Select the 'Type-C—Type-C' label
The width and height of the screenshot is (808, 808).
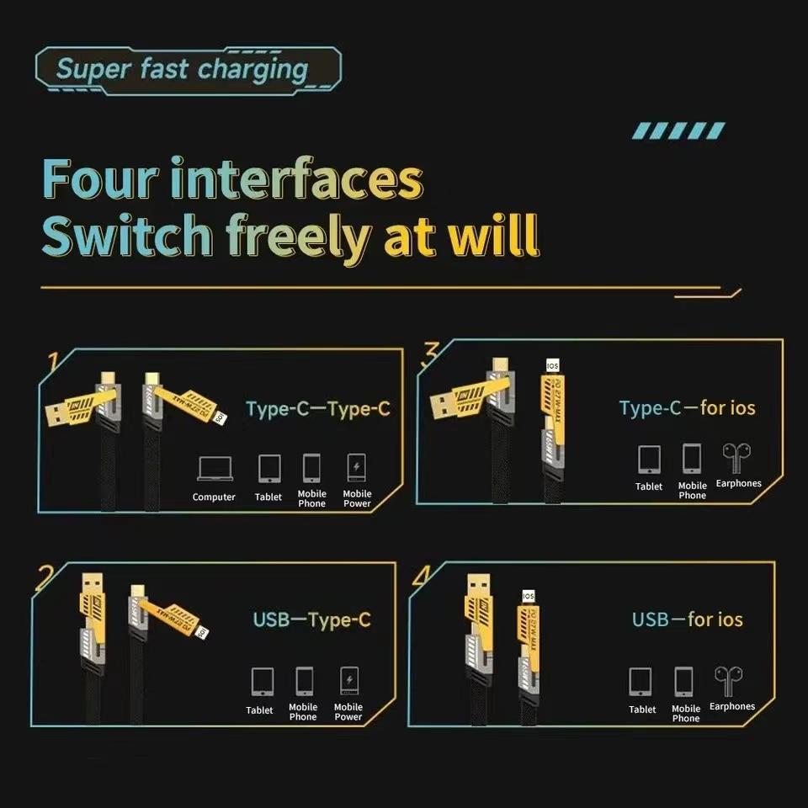pyautogui.click(x=317, y=409)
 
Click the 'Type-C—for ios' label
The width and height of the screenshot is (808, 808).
pyautogui.click(x=687, y=408)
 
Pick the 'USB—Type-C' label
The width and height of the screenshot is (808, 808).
pyautogui.click(x=311, y=620)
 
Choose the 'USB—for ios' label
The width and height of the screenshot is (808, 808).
pyautogui.click(x=687, y=619)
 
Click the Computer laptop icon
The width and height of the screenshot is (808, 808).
pyautogui.click(x=214, y=469)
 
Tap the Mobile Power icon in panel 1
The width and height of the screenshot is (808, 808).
pyautogui.click(x=356, y=467)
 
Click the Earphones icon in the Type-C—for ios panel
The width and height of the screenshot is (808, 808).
pyautogui.click(x=737, y=458)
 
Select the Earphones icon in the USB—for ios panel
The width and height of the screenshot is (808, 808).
pyautogui.click(x=729, y=680)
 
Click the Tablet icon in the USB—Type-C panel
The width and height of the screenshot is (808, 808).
pyautogui.click(x=262, y=680)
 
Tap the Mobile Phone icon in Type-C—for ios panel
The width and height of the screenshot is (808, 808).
pyautogui.click(x=692, y=459)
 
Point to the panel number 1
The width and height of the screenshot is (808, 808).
pyautogui.click(x=52, y=362)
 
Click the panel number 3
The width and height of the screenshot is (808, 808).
pyautogui.click(x=430, y=353)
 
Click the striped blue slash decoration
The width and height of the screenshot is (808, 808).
pyautogui.click(x=678, y=130)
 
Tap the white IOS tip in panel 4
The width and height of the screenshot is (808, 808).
pyautogui.click(x=529, y=597)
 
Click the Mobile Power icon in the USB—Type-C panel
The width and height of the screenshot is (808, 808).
pyautogui.click(x=348, y=680)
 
